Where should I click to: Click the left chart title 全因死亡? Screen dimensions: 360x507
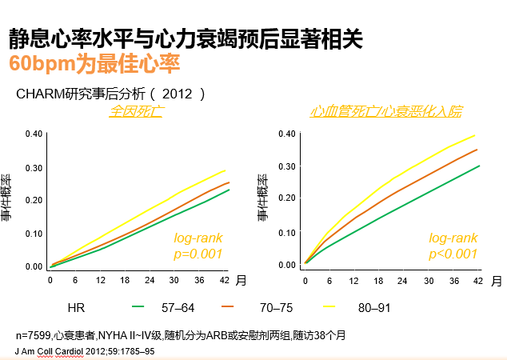137,111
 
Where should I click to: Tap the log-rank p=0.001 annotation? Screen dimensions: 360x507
198,246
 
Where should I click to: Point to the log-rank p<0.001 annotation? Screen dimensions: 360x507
453,246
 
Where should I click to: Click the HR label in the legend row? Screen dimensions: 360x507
77,307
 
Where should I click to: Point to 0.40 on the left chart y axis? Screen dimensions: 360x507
34,134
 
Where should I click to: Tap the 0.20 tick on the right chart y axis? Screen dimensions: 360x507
286,199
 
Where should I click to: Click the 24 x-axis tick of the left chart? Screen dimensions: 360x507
148,281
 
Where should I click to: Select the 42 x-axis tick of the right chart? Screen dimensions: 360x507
478,281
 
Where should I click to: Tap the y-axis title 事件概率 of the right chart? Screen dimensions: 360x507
262,198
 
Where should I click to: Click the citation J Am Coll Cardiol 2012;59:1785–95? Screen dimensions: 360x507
80,350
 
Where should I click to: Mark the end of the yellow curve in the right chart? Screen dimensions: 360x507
477,135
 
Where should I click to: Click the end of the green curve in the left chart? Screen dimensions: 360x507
229,190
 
